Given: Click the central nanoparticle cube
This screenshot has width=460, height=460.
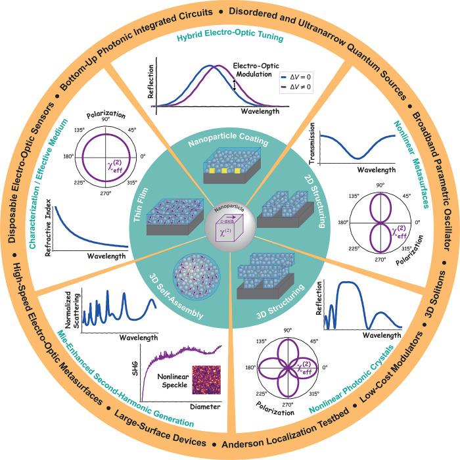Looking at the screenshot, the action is pos(229,231).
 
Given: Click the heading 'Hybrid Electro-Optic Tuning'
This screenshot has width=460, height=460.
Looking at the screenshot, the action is pos(229,39).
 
